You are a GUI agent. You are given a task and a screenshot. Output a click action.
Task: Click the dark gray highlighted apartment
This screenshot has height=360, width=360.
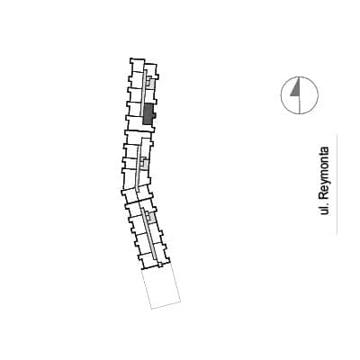pos(148,114)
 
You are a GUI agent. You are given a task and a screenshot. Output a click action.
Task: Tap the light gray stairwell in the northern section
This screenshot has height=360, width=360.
pos(150,81)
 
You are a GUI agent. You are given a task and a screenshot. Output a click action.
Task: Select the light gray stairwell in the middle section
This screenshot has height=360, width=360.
pos(145,163)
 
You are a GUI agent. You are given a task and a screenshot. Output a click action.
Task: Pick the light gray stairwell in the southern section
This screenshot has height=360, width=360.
pos(151,218)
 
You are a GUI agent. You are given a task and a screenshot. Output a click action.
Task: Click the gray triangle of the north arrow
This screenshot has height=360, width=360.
pos(296,89)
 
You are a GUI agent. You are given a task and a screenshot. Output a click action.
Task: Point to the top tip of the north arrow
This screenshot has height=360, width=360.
pos(300,77)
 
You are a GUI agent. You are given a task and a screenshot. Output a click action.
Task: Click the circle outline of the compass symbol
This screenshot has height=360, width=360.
pos(281,95)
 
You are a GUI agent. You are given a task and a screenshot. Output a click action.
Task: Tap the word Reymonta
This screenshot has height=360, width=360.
pos(324,173)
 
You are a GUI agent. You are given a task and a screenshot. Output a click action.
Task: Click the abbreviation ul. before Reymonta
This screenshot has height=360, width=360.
pos(324,209)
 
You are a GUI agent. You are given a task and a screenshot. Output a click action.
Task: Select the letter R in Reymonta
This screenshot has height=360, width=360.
pos(324,196)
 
